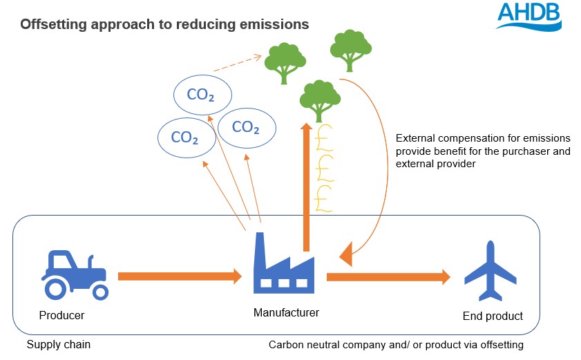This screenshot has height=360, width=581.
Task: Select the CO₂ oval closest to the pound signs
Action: coord(247,127)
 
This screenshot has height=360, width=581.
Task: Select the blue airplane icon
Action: coord(491,271)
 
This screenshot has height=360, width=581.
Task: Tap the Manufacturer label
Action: coord(286,313)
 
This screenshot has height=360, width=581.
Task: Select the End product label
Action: coord(492,316)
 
